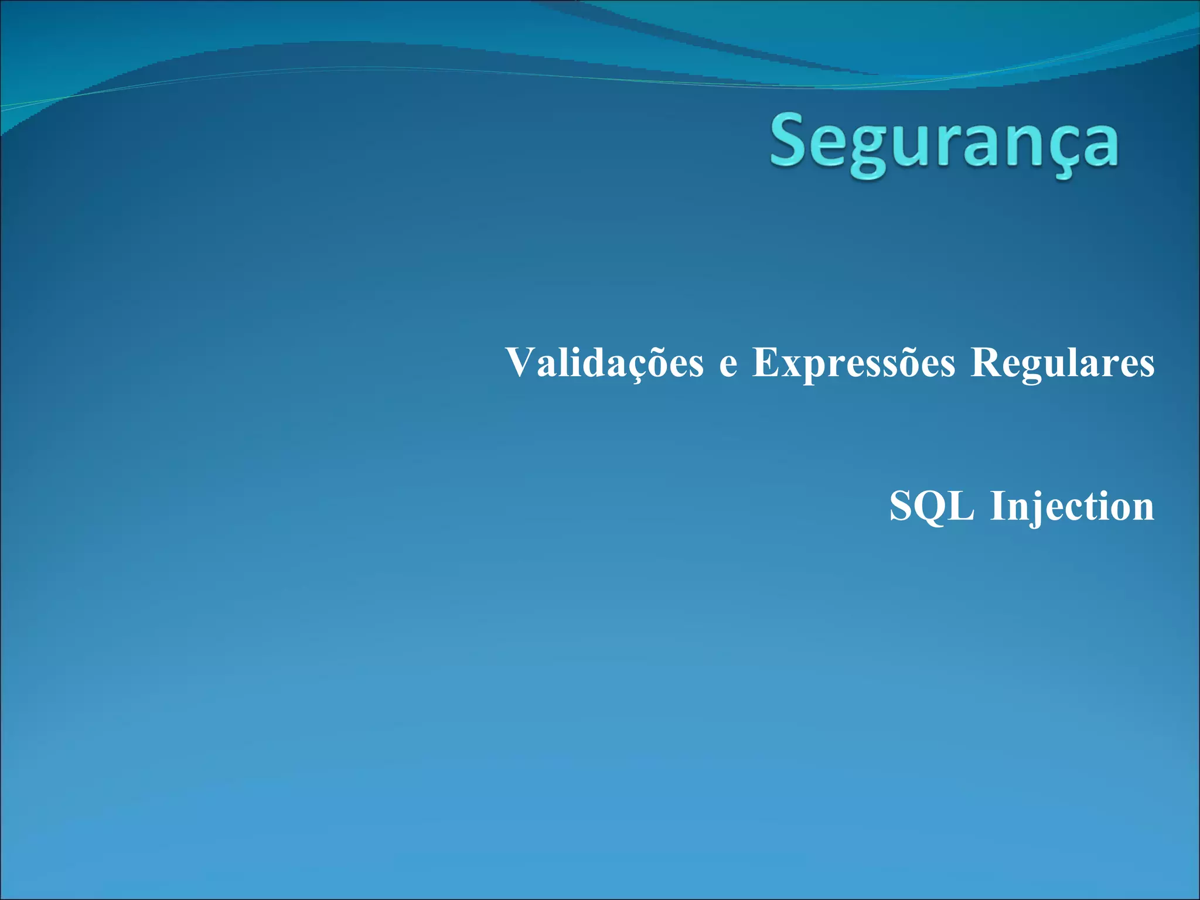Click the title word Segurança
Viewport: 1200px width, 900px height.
coord(944,144)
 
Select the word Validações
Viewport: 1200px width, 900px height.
coord(604,363)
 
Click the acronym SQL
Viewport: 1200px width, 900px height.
coord(932,506)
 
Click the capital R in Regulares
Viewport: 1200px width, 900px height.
coord(986,362)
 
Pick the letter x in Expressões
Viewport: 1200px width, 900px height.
coord(792,367)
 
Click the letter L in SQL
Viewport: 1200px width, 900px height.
coord(962,506)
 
